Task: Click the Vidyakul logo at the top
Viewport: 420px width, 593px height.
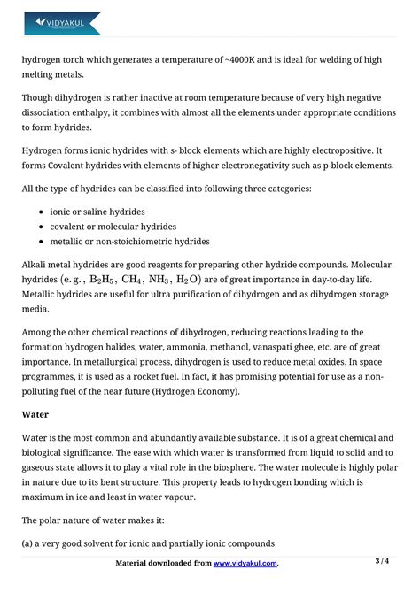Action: coord(62,23)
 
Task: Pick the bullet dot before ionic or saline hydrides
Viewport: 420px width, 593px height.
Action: coord(43,212)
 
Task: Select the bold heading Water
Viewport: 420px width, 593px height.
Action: coord(36,413)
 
